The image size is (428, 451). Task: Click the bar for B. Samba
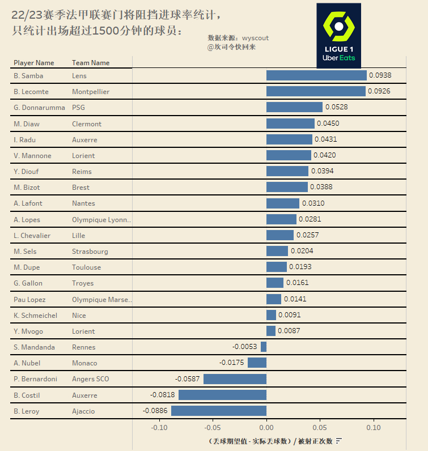click(316, 75)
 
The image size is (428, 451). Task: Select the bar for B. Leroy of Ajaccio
click(219, 411)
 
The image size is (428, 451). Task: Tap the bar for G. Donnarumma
click(294, 107)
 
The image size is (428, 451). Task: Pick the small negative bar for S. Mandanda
click(264, 347)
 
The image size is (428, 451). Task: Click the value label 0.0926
click(379, 91)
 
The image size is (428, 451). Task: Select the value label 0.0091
click(289, 315)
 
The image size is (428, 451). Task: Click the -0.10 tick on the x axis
click(159, 428)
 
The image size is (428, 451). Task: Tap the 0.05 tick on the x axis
click(320, 428)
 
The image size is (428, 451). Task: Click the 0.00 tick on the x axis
click(266, 428)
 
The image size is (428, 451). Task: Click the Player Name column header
click(34, 63)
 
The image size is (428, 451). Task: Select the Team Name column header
click(91, 63)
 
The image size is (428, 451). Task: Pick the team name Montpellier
click(91, 92)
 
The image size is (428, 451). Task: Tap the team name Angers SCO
click(91, 379)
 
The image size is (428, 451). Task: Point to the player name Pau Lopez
click(29, 299)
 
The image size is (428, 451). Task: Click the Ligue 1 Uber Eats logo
click(338, 36)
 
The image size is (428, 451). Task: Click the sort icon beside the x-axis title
click(338, 441)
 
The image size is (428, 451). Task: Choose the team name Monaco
click(84, 363)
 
